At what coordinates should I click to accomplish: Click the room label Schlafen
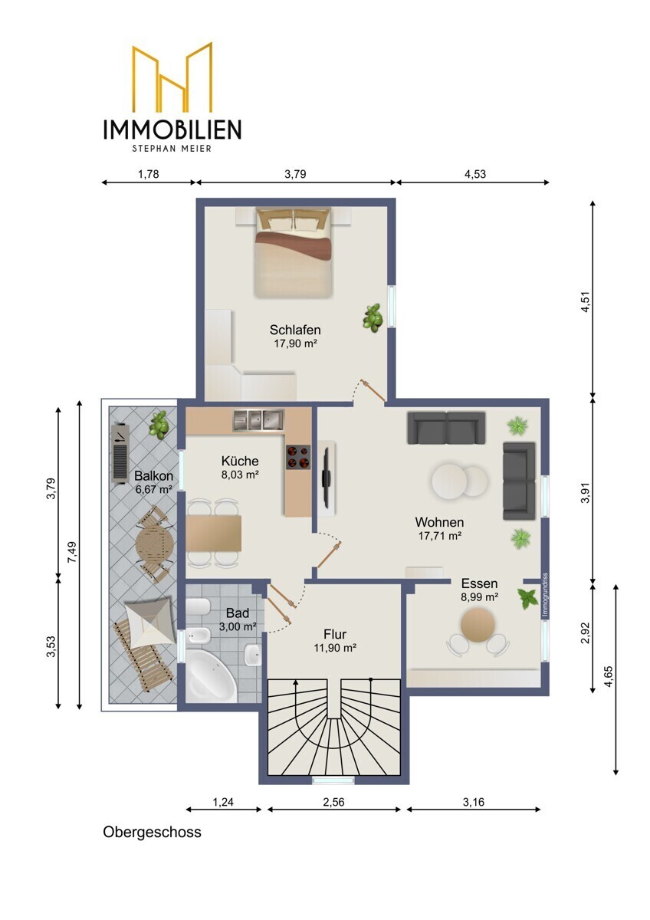point(295,330)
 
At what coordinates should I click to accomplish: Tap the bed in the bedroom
point(292,252)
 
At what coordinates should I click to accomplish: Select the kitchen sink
point(258,420)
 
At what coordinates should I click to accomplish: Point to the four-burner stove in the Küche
point(298,456)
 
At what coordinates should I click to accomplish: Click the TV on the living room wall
point(326,478)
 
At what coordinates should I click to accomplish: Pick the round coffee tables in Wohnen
point(459,480)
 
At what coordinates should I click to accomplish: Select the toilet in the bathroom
point(199,607)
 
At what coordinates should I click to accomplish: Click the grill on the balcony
point(120,453)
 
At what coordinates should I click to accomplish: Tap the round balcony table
point(154,544)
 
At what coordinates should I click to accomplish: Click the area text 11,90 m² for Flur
point(335,648)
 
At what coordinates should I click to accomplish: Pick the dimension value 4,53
point(475,174)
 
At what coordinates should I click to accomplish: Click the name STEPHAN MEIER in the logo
point(172,148)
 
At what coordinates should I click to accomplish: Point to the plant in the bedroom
point(373,317)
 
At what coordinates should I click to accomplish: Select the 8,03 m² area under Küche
point(240,475)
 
